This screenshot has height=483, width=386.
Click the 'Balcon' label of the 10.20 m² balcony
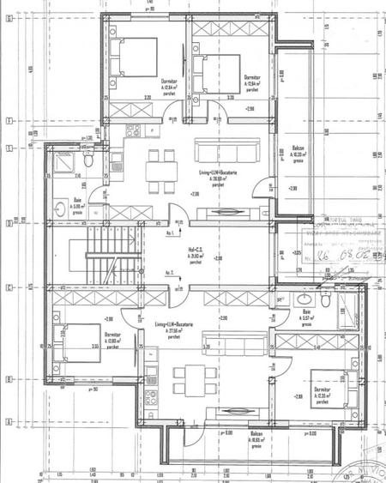coord(298,148)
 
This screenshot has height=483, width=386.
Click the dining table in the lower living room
coord(189,377)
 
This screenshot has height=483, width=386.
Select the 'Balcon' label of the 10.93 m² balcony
coord(256,434)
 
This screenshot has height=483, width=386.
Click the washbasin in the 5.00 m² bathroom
coord(59,207)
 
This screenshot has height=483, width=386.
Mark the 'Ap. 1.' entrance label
coord(172,232)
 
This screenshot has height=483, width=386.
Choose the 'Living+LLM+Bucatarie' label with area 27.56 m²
coord(175,325)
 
